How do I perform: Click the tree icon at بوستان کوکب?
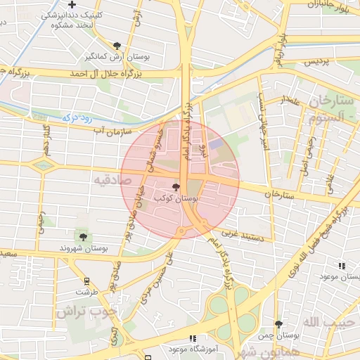coord(175,187)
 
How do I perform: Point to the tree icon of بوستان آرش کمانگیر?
coord(126,44)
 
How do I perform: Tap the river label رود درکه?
coord(77,118)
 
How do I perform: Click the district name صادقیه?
coord(110,181)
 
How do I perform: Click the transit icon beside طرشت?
coord(87,281)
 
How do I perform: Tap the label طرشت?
coord(88,291)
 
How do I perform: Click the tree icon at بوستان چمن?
coord(279,324)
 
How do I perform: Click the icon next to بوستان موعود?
coord(342,266)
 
